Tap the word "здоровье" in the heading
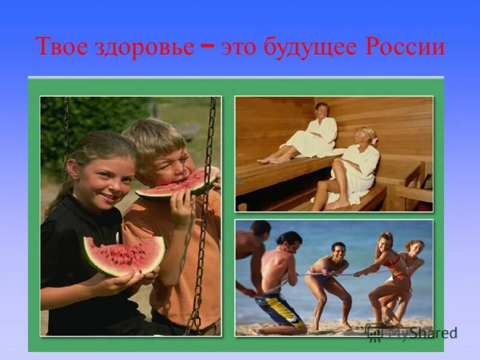pyautogui.click(x=144, y=47)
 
